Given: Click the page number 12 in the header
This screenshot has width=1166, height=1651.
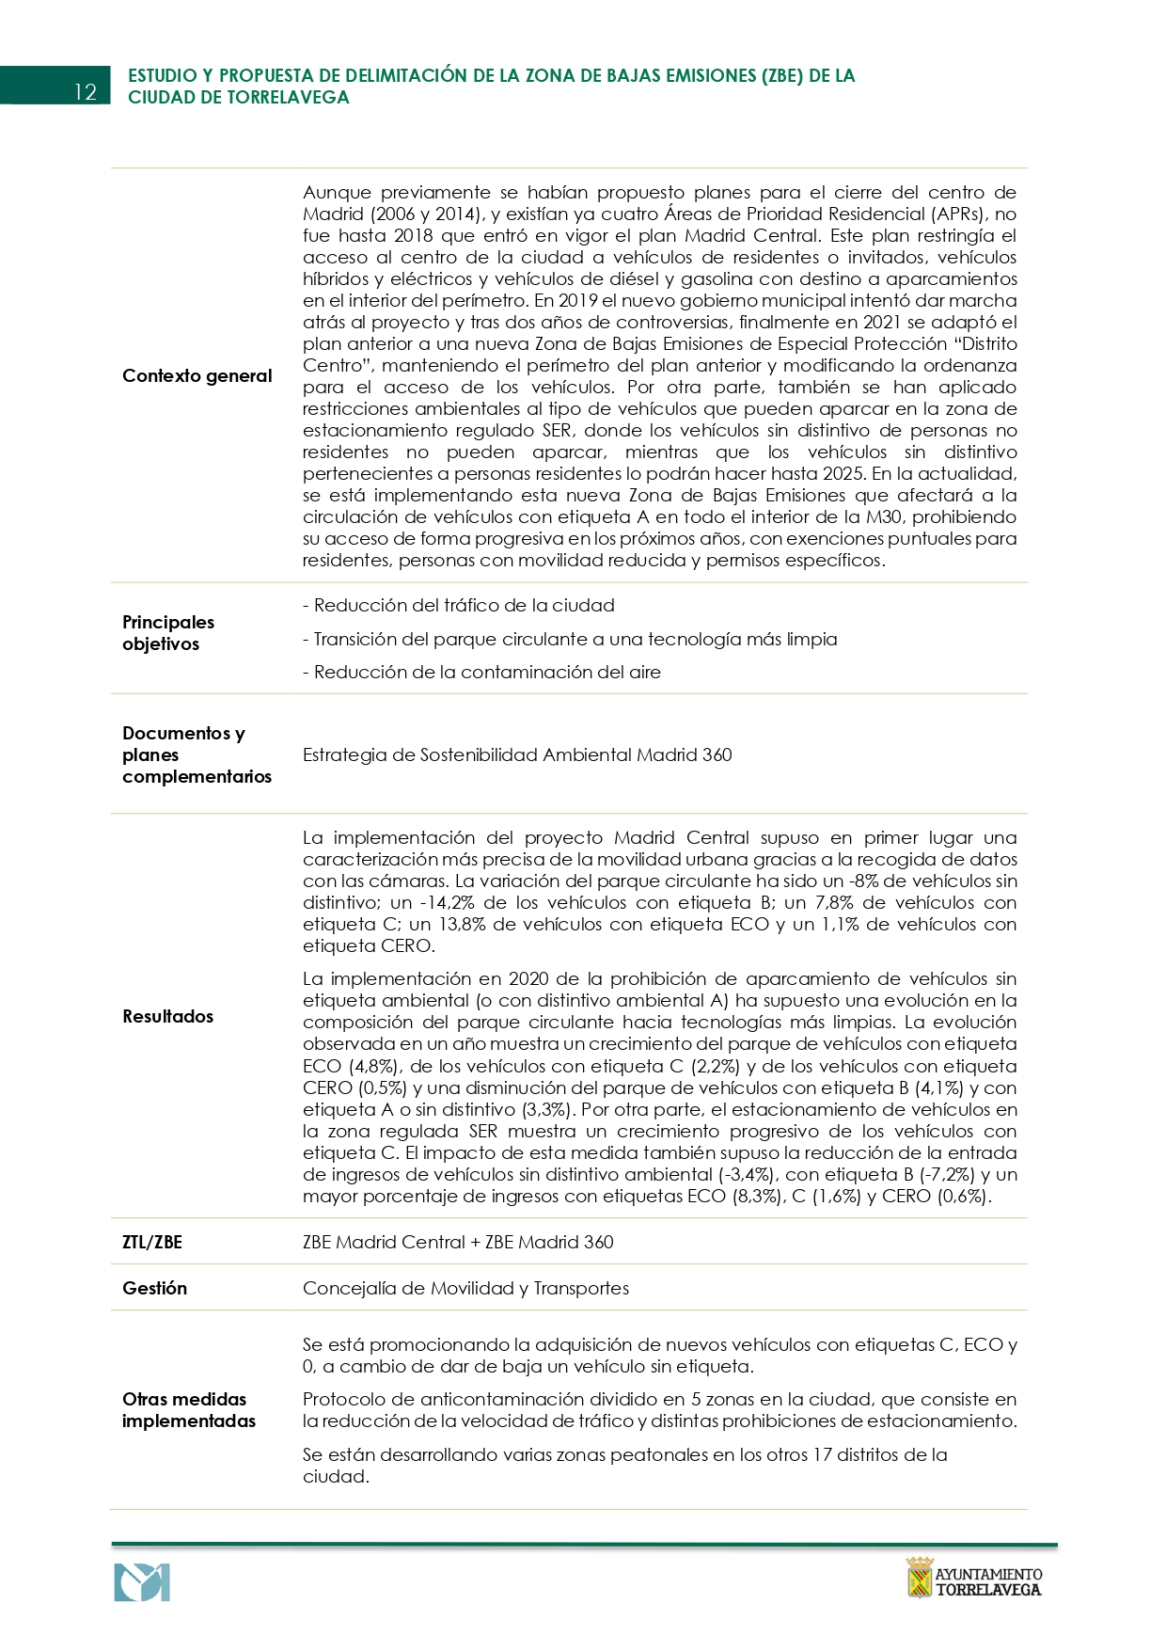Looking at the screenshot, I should coord(85,91).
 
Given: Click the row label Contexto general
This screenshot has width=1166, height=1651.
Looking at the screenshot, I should coord(197,376).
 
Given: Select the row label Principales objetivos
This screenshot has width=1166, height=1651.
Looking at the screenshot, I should coord(168,633).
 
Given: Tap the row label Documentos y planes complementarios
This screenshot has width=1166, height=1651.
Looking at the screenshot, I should coord(197,754).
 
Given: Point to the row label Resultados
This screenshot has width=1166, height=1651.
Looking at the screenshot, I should coord(167,1016).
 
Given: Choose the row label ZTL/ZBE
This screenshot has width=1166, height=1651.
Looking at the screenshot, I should coord(152,1242).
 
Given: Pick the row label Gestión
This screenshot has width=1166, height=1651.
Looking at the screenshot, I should coord(154,1288).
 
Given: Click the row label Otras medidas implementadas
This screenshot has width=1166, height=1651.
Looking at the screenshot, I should coord(188,1409).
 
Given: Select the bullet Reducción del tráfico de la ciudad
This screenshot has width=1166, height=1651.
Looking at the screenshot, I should coord(459,606).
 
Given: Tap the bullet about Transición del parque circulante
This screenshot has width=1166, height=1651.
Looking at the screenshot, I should coord(570,640).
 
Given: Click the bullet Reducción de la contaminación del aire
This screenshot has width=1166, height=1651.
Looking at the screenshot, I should coord(481,673).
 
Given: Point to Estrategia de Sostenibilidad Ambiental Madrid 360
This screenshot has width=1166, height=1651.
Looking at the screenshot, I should coord(517,754).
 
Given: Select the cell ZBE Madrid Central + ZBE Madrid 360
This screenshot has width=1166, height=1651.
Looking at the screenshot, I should coord(458,1242).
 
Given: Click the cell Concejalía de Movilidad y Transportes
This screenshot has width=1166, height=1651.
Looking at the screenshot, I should coord(465,1288).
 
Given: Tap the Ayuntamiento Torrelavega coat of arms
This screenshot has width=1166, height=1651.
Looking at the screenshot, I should coord(919,1578).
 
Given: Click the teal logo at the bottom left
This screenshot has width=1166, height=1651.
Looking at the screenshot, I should coord(142,1582).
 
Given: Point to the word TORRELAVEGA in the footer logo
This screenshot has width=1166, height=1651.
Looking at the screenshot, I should coord(988,1590).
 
